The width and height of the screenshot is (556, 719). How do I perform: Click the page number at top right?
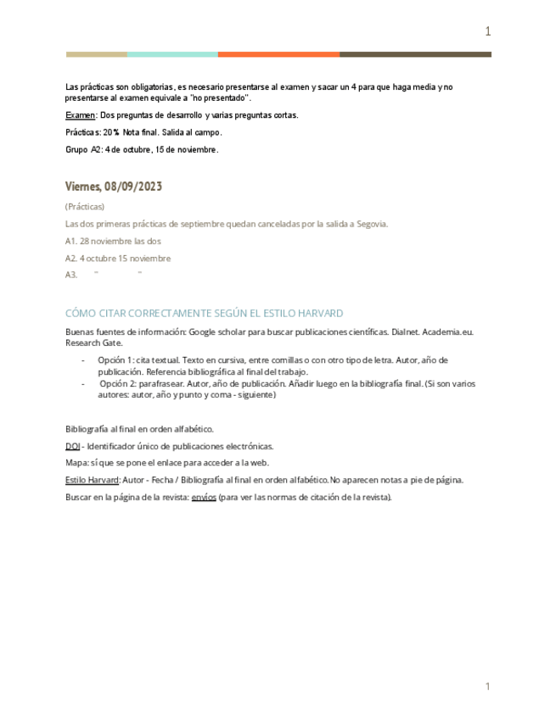487,32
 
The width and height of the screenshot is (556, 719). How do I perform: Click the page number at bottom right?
487,686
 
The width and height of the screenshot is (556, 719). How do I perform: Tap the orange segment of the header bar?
278,54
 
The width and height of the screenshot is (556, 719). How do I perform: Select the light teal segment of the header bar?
172,54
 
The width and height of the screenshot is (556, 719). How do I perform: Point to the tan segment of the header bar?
97,54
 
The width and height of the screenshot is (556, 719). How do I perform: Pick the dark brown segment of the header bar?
415,54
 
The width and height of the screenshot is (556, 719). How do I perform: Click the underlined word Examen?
80,115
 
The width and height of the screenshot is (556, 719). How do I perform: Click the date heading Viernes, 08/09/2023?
114,187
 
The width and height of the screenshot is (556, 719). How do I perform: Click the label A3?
71,275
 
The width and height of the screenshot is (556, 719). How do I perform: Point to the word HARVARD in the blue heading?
316,314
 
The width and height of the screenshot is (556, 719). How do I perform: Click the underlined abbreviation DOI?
72,446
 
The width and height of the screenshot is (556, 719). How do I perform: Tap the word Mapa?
76,463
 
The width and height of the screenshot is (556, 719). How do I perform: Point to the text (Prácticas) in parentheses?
85,207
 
